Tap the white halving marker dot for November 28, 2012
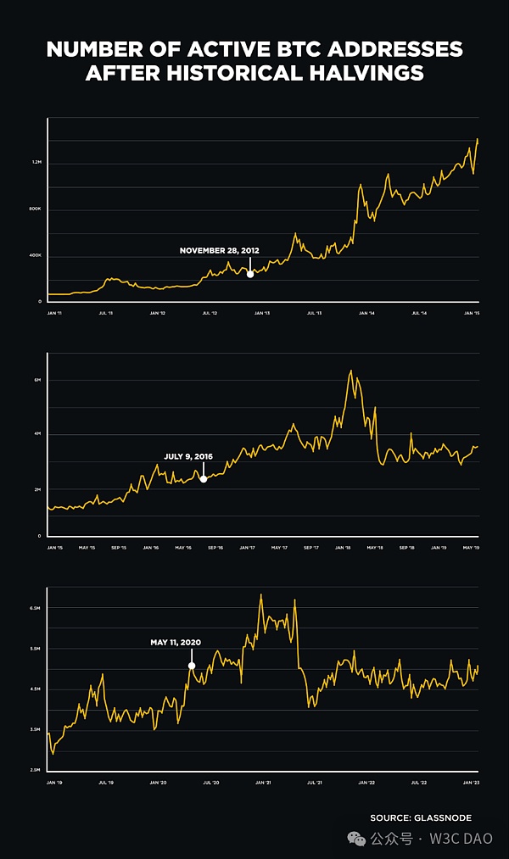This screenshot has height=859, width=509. [249, 273]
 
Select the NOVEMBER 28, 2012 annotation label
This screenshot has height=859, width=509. [219, 250]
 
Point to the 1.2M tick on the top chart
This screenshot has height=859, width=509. [37, 163]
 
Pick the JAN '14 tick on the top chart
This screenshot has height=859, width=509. [366, 313]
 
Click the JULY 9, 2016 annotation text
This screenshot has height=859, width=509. [188, 456]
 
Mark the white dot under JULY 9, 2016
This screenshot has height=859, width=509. [204, 479]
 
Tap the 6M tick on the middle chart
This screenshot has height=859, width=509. [38, 380]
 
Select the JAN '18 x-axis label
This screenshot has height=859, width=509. [344, 547]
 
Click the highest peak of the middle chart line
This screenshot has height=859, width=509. [350, 371]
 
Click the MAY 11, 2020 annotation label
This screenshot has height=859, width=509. [176, 642]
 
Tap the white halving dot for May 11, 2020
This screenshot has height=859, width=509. [192, 666]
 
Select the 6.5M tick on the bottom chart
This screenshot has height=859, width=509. [36, 609]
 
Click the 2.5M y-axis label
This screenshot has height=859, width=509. [36, 770]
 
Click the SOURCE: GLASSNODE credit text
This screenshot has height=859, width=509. [420, 817]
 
